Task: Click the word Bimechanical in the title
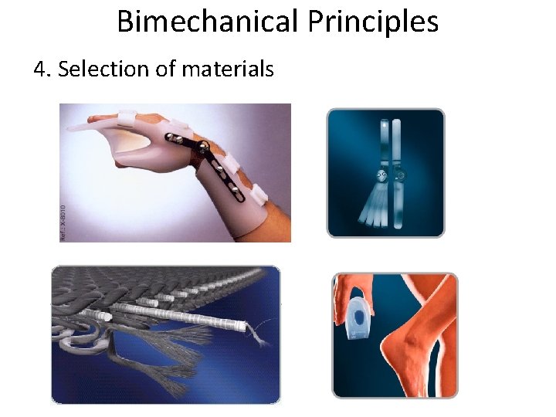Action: [208, 22]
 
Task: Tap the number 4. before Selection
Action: [42, 69]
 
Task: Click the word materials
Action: [227, 69]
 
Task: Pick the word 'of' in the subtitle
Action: [165, 69]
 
